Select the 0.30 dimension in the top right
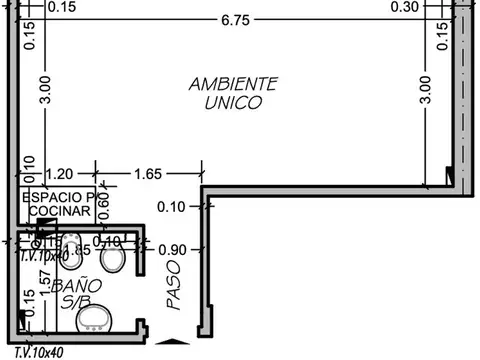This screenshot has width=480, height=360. [x=405, y=7]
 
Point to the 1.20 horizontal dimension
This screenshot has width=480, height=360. [x=60, y=174]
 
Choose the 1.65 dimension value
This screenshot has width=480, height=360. [x=146, y=174]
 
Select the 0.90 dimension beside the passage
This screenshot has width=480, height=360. [x=173, y=249]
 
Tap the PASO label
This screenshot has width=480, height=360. [x=175, y=284]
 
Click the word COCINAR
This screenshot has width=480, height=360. [x=58, y=212]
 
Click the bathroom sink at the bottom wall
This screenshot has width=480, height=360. [x=98, y=319]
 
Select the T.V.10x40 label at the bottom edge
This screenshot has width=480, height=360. [x=40, y=352]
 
